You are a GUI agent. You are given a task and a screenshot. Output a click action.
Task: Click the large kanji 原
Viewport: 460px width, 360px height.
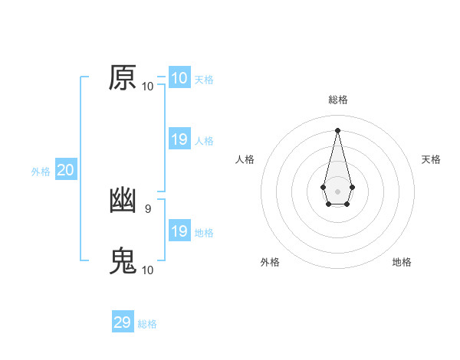(123, 77)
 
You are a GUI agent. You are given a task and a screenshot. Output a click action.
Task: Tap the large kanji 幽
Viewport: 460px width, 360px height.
(123, 200)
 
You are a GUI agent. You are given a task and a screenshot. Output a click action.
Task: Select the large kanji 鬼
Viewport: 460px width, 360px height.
(123, 260)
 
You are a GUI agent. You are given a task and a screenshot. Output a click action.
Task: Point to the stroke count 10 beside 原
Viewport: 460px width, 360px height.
(148, 87)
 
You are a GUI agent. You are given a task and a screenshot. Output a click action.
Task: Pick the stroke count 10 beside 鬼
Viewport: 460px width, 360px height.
(148, 270)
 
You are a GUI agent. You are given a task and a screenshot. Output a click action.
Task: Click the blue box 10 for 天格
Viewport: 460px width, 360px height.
(179, 78)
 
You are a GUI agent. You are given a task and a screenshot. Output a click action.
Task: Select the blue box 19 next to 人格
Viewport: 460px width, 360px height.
(179, 139)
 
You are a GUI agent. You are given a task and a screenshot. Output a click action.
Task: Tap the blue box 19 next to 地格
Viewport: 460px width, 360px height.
(179, 231)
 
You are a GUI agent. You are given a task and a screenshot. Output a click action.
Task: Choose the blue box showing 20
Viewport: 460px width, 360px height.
(65, 170)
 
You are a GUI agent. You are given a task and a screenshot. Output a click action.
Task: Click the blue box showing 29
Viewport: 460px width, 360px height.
(123, 322)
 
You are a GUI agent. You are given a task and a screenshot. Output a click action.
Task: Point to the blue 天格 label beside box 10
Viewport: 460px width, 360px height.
(204, 80)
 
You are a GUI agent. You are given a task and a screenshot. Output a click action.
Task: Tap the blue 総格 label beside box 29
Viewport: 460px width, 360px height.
(147, 324)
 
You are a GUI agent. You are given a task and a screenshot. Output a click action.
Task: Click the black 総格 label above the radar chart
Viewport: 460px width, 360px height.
(337, 100)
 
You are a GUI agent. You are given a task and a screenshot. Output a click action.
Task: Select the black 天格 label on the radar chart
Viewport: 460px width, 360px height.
(431, 159)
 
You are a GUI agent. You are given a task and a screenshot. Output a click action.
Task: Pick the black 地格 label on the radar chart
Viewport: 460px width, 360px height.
(402, 262)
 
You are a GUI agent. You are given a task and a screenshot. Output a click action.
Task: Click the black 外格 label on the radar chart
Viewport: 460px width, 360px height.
(270, 262)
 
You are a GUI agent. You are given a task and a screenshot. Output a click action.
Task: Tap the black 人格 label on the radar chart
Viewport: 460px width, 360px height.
(245, 159)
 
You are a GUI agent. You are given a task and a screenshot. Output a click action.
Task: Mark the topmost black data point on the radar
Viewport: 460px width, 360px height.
(337, 129)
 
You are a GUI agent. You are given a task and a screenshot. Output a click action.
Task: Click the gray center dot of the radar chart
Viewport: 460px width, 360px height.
(337, 190)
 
